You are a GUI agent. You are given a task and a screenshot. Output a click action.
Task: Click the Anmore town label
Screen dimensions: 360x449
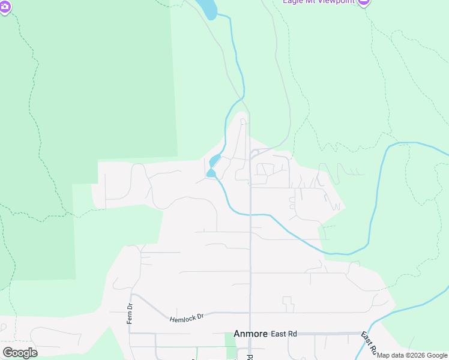[250, 334]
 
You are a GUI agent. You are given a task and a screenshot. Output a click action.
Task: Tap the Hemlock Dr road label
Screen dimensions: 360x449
[187, 317]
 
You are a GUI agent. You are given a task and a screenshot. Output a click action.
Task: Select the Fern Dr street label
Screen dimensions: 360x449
[130, 313]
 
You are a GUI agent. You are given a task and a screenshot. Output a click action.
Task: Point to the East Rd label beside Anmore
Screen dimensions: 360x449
[284, 334]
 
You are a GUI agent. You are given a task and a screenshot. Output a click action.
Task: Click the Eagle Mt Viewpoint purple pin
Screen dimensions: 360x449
[363, 2]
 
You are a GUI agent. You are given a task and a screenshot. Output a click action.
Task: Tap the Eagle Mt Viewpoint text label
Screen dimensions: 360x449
[319, 2]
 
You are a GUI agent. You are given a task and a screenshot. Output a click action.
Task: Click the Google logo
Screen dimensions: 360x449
[20, 352]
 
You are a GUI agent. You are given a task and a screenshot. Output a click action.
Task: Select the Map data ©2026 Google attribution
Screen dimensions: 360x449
[412, 355]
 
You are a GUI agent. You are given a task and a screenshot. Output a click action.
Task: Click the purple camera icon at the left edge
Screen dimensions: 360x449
[5, 7]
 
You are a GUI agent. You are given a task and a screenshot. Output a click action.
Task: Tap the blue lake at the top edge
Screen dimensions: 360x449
[206, 7]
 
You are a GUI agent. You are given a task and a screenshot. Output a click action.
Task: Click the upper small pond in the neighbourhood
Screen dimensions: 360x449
[215, 161]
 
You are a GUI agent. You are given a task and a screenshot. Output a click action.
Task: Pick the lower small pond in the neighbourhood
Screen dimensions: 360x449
[211, 173]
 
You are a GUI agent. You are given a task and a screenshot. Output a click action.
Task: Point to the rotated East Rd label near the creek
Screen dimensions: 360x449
[369, 343]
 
